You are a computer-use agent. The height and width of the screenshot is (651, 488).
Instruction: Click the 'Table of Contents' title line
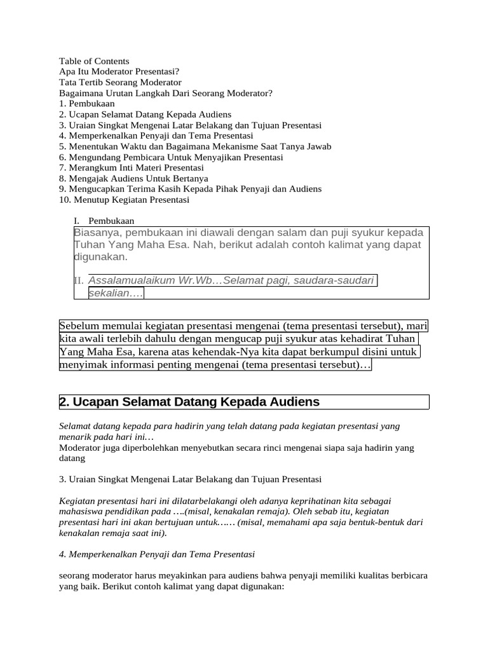(x=94, y=61)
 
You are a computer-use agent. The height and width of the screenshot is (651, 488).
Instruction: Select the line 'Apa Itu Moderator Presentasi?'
(x=114, y=72)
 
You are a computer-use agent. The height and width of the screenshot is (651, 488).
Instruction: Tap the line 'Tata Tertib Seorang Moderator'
(x=120, y=83)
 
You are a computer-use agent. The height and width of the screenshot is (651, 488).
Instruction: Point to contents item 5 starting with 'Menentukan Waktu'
(x=195, y=146)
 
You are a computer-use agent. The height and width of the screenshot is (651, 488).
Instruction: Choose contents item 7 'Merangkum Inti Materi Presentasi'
(x=132, y=168)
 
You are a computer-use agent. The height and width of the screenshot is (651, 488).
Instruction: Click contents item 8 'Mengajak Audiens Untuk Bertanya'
(x=133, y=179)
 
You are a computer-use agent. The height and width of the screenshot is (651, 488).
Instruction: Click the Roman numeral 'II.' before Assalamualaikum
(x=79, y=281)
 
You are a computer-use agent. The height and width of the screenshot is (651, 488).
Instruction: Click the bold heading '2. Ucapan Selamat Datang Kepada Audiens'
(x=189, y=402)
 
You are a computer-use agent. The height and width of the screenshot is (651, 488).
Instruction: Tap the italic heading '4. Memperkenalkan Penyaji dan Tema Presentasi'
(x=157, y=554)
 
